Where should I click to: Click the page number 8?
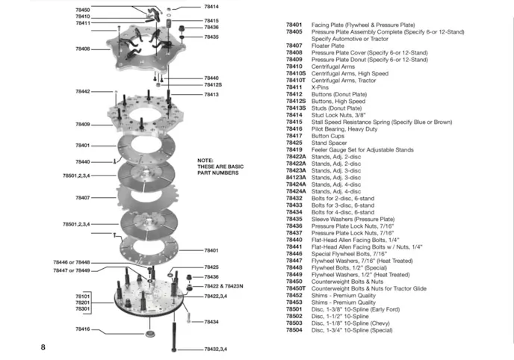43,347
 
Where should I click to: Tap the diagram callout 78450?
82,10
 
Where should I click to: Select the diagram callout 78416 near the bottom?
82,329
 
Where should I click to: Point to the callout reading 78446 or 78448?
71,262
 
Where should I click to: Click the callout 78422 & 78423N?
224,286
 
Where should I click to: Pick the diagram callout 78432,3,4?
215,349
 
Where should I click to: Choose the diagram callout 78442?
82,91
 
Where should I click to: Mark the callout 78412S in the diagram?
213,85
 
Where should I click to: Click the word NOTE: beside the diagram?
205,161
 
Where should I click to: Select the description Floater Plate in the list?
328,46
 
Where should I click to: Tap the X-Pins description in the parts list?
321,87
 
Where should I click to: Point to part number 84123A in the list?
296,178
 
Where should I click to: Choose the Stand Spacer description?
329,143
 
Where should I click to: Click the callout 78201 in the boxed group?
82,302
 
